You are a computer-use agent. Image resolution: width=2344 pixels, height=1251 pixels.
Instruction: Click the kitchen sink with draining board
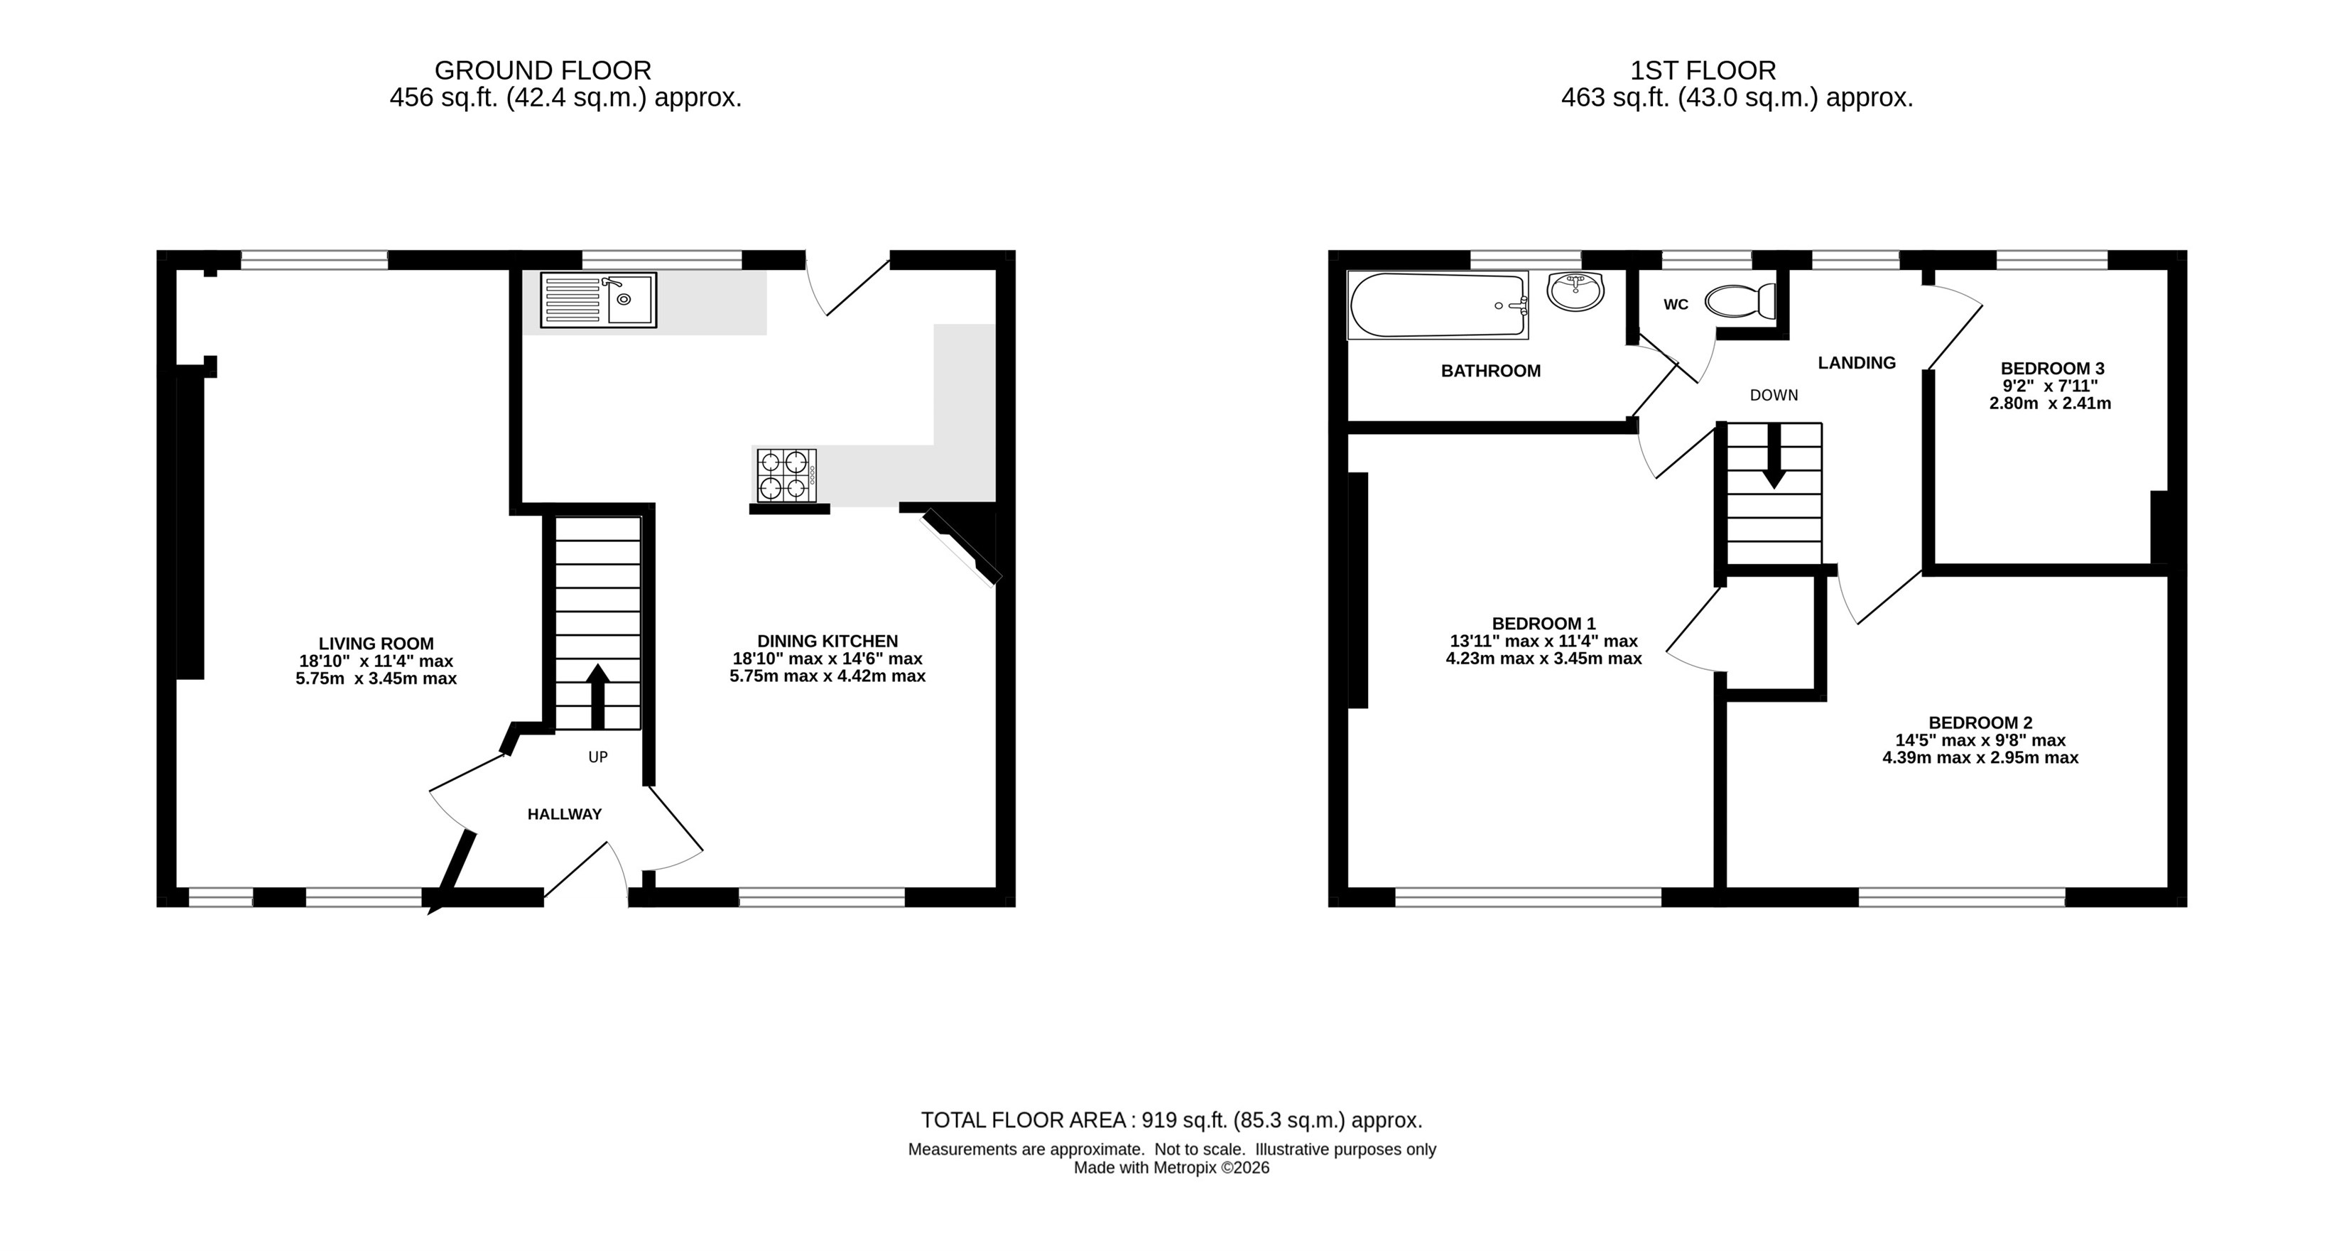point(598,300)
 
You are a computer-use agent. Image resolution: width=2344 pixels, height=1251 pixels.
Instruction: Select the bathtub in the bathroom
point(1438,305)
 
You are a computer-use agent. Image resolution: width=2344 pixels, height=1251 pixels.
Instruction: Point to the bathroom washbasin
point(1575,291)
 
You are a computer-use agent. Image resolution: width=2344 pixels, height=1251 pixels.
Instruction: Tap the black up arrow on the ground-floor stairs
point(598,697)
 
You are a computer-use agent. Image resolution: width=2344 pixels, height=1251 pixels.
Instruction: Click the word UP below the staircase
point(598,757)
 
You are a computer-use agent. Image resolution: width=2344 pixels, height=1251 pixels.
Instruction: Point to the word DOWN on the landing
point(1774,395)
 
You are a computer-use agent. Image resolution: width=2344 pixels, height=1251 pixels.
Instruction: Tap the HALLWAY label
point(564,814)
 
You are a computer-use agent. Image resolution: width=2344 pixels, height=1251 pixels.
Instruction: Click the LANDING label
point(1856,363)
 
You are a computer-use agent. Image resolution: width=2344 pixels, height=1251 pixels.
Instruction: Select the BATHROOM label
point(1490,372)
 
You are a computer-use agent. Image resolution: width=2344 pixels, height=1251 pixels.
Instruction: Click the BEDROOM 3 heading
point(2052,369)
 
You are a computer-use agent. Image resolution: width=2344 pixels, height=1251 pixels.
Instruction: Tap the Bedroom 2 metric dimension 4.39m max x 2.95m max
point(1980,758)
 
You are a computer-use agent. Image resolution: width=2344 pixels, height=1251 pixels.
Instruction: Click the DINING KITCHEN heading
point(827,641)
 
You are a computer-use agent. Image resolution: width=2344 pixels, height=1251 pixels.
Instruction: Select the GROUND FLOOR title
point(543,71)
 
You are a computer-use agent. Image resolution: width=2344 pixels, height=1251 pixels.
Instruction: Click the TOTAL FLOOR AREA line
point(1171,1121)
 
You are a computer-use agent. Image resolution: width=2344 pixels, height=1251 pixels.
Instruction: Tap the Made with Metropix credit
point(1171,1168)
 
